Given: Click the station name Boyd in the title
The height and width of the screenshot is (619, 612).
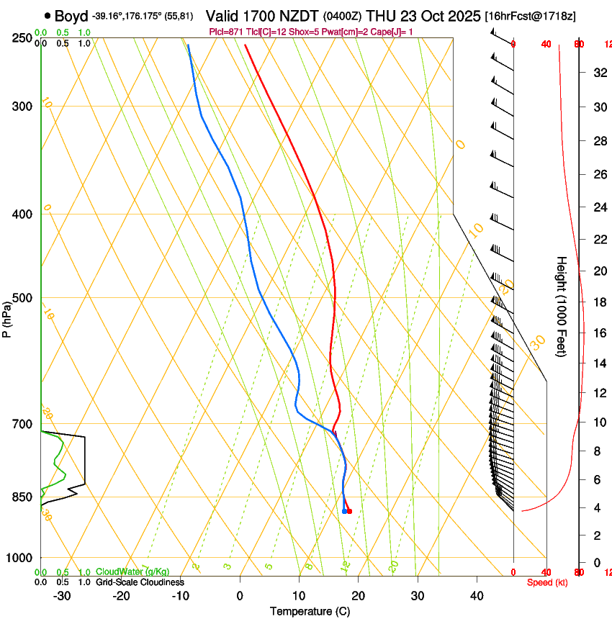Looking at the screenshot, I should coord(71,16).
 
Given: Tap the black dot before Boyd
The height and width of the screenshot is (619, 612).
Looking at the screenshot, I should coord(48,15).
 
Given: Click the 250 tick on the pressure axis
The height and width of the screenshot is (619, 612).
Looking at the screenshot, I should coord(21,37).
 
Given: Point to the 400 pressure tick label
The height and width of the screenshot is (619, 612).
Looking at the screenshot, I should coord(21,214).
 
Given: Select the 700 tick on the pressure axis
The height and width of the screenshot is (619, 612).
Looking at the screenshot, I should coord(21,424).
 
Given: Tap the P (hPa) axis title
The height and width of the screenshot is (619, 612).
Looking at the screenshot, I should coord(6,317).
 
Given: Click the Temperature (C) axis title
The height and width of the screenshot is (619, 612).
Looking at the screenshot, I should coord(310,611).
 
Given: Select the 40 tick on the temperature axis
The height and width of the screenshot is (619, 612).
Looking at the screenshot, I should coord(477,595).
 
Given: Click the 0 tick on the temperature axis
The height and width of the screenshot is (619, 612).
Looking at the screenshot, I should coord(240,595).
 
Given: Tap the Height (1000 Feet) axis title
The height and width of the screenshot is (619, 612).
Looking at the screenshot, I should coord(562,306).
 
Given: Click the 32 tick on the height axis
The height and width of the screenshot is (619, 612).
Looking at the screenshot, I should coord(598,72).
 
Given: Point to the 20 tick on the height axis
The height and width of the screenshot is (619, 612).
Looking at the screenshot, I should coord(598,271).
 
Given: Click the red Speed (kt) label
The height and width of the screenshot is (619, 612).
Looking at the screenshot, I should coord(547,582).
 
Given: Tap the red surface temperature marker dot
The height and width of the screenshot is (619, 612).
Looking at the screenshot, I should coord(349,511).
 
